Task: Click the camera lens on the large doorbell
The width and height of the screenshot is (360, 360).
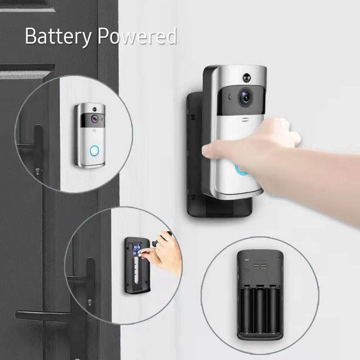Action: (x=245, y=97)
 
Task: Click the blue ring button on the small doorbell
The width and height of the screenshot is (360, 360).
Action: (x=94, y=150)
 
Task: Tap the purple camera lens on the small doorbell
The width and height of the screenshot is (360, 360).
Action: (x=95, y=118)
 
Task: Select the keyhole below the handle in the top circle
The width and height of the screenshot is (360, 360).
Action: (x=37, y=169)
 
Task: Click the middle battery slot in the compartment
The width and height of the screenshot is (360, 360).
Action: (x=260, y=311)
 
